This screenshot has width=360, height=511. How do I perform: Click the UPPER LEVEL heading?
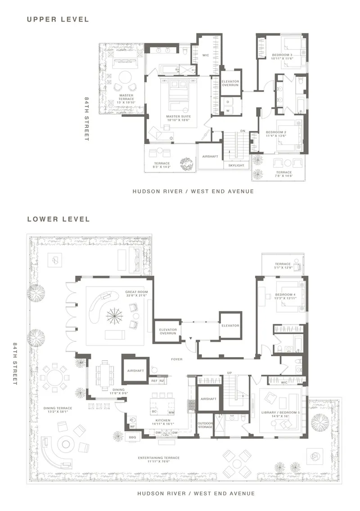58,19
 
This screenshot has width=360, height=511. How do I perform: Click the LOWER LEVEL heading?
58,219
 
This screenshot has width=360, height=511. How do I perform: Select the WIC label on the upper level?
205,55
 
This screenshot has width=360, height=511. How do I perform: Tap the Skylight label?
236,165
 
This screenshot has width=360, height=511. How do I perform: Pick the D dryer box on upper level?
228,102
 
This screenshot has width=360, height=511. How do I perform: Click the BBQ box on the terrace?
132,437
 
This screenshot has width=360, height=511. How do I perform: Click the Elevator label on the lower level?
230,326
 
